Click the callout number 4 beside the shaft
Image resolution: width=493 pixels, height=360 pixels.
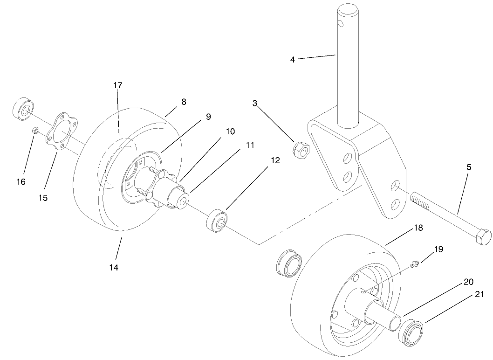(x=293, y=59)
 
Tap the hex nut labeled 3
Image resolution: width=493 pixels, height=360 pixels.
(x=299, y=150)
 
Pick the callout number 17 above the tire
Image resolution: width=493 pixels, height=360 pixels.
(x=117, y=85)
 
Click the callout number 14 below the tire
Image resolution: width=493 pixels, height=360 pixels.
(x=114, y=268)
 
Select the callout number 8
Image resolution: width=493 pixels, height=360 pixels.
(x=184, y=102)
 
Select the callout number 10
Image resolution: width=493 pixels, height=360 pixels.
(x=230, y=132)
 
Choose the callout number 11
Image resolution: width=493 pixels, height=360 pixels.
(x=250, y=145)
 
